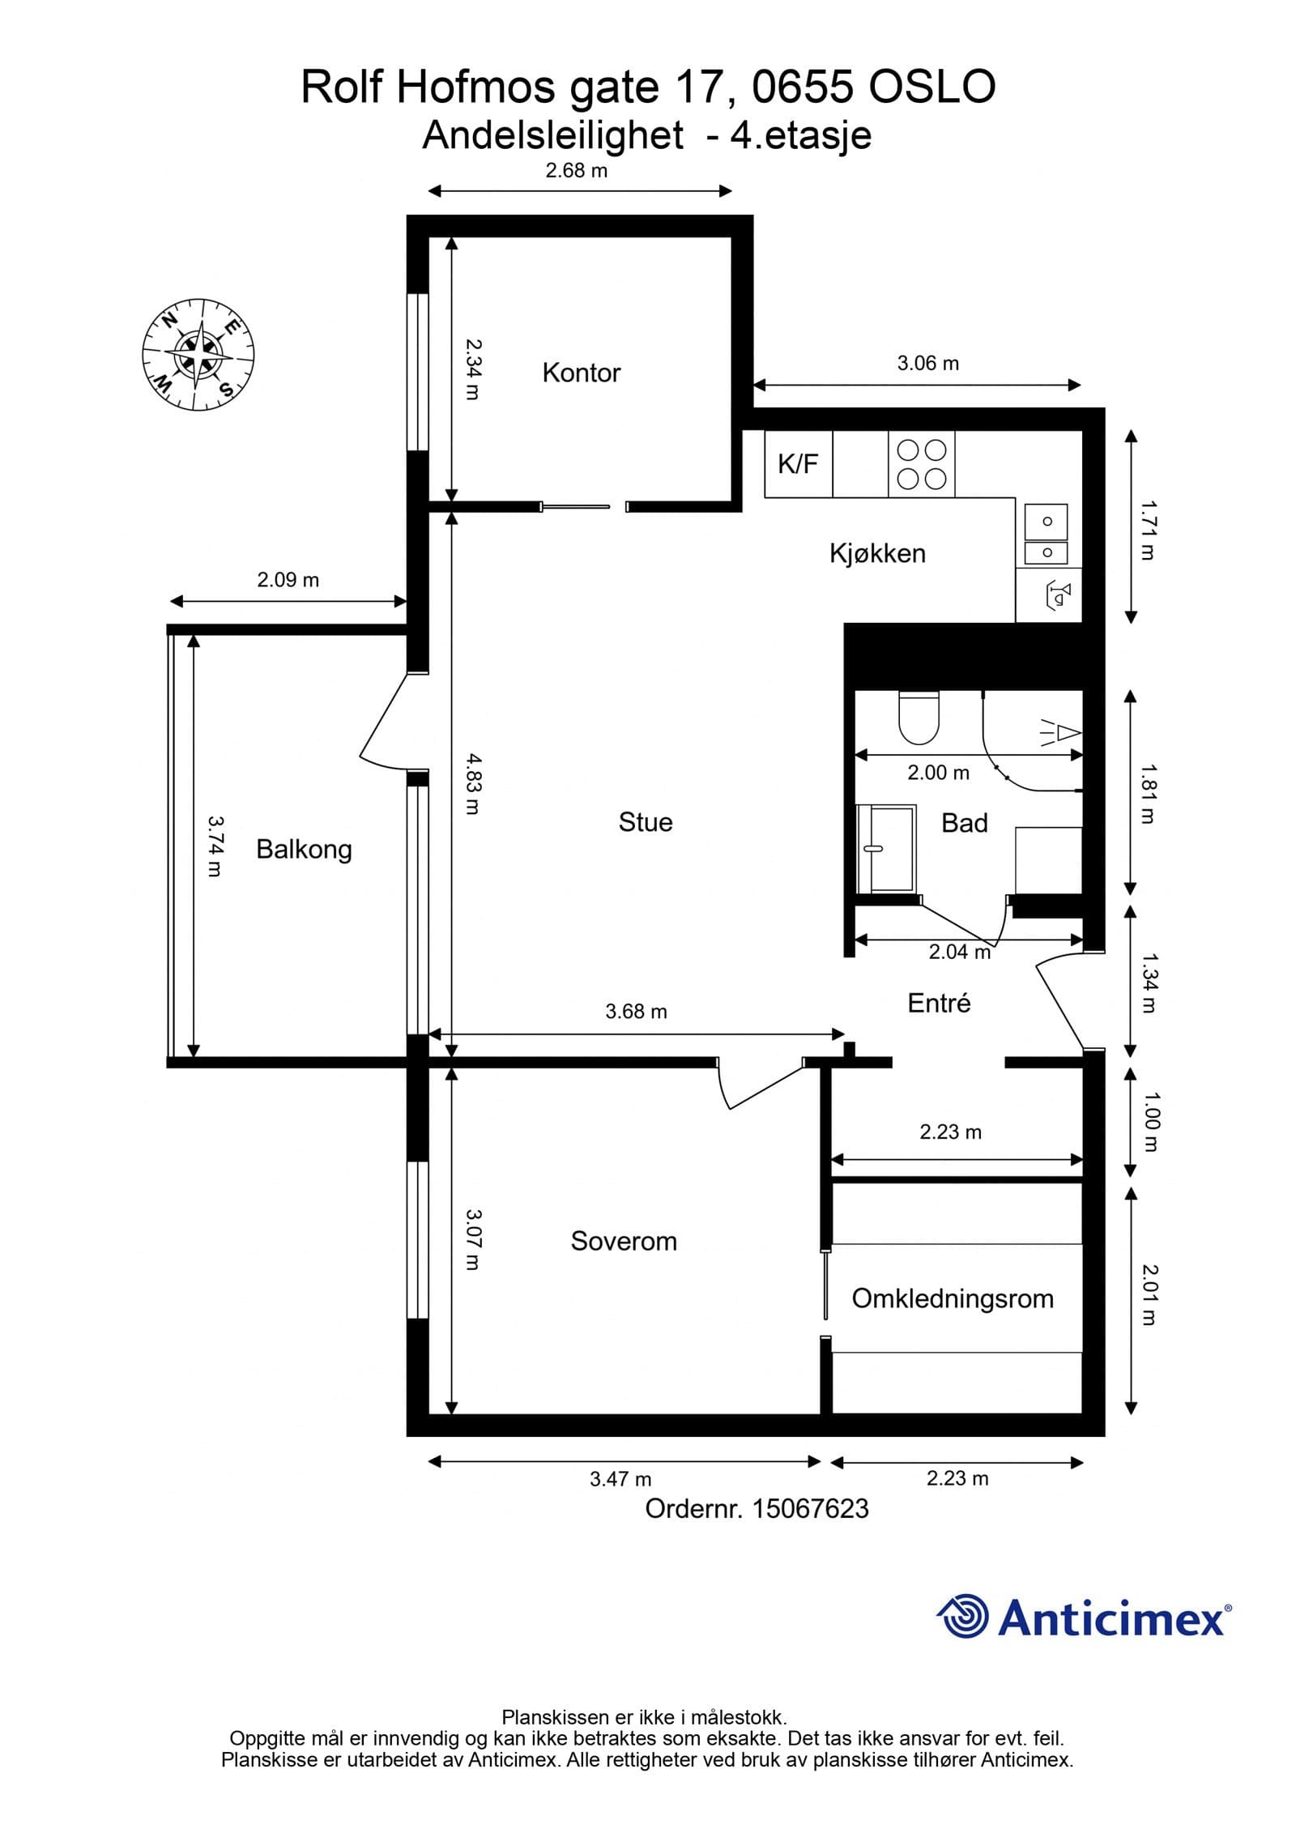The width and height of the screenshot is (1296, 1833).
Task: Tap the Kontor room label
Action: [581, 373]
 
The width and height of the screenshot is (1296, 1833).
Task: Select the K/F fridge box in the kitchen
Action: [798, 463]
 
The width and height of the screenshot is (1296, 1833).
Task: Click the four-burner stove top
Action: [921, 463]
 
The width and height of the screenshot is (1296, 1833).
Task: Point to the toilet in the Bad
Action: [919, 717]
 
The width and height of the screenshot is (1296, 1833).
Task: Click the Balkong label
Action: [304, 850]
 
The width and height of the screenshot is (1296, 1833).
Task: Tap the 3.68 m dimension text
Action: [636, 1011]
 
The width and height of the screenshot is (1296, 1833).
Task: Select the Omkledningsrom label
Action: [953, 1298]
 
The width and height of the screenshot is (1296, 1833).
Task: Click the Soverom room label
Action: [623, 1241]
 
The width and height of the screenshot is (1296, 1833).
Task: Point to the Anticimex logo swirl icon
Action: [963, 1617]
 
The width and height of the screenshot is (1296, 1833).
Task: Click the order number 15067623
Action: [811, 1508]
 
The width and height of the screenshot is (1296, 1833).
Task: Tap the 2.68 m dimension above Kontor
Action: [577, 171]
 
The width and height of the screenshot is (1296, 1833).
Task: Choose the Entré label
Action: [939, 1003]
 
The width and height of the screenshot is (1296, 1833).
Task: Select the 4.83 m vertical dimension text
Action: [472, 784]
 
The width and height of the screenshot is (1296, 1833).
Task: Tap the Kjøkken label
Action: [877, 553]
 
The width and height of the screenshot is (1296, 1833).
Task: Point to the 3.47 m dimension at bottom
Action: [620, 1479]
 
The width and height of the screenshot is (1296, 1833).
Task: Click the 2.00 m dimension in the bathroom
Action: [938, 773]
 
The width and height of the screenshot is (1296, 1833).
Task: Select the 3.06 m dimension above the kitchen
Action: [927, 364]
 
